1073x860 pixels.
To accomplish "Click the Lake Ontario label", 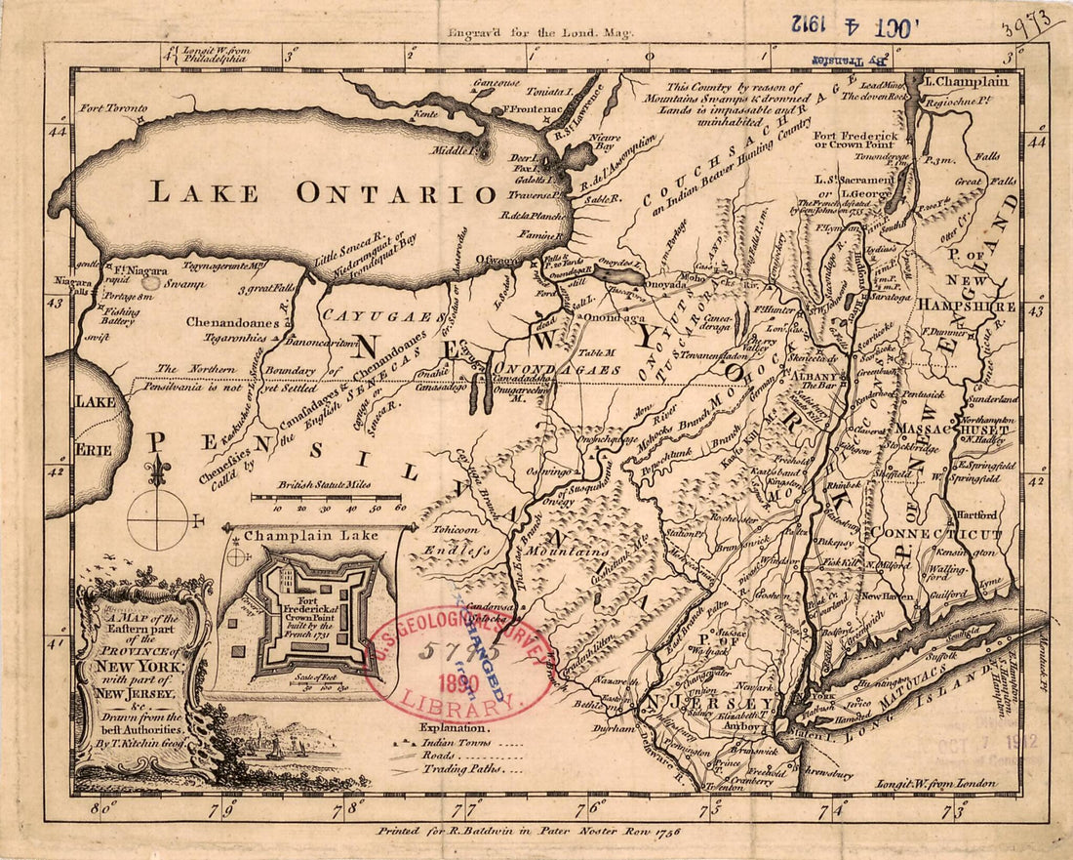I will tap(309, 191).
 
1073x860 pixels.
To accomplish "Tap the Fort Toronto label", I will tap(113, 108).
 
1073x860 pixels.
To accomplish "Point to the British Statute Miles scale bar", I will tap(326, 498).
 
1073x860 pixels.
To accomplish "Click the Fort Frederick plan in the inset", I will tap(304, 612).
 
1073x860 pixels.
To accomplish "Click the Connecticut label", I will tap(936, 534).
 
